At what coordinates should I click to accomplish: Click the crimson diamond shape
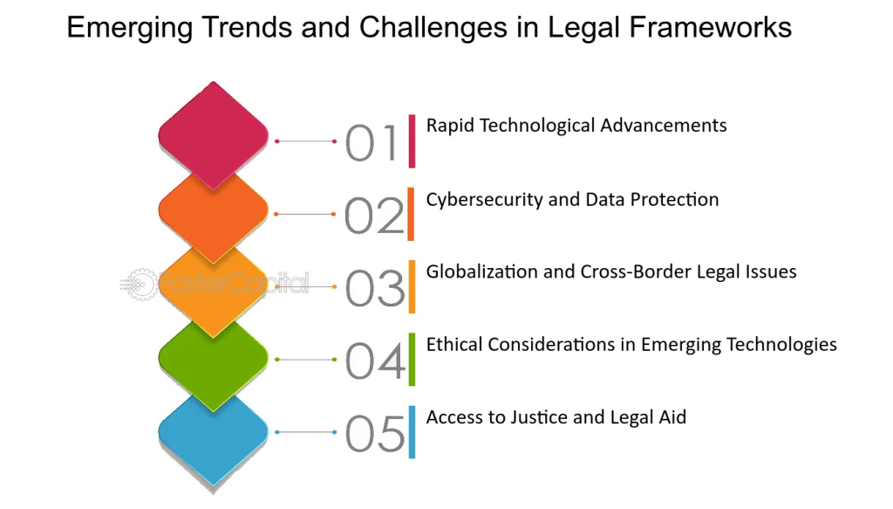[x=213, y=135]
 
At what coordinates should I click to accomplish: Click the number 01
[x=371, y=142]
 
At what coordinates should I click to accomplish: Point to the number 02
[x=374, y=216]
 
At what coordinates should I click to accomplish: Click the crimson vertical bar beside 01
[x=412, y=141]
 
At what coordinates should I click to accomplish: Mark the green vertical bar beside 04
[x=412, y=360]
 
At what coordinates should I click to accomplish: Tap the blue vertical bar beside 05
[x=412, y=432]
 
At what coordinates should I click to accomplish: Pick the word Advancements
[x=664, y=126]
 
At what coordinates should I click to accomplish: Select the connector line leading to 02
[x=305, y=214]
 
